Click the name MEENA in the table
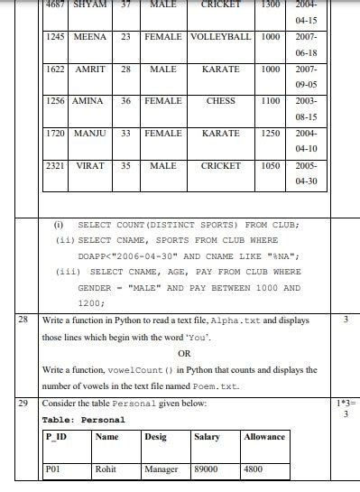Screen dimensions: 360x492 pos(90,37)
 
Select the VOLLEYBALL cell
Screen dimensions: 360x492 pos(220,37)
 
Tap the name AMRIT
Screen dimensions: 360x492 pos(90,69)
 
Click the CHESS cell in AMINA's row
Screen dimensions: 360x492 pos(220,101)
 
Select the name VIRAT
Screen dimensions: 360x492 pos(90,166)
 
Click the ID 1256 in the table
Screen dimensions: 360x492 pos(57,101)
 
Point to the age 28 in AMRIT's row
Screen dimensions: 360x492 pos(126,69)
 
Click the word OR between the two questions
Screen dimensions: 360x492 pos(184,353)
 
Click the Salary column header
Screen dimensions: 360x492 pos(207,437)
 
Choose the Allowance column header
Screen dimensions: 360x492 pos(264,437)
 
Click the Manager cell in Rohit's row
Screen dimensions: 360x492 pos(162,469)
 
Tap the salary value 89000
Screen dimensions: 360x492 pos(207,469)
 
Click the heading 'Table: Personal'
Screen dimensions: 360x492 pos(83,420)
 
